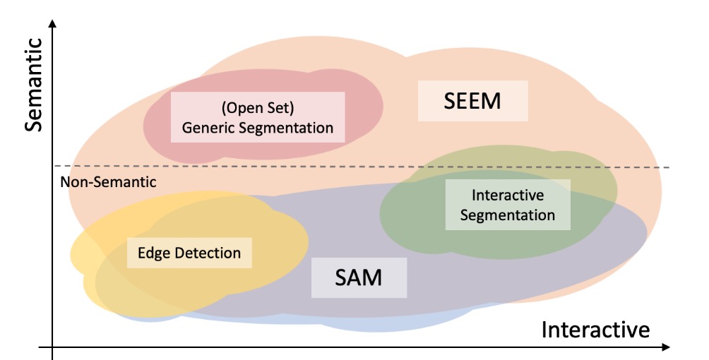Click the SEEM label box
[472, 101]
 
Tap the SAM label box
[359, 277]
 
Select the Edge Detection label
[189, 252]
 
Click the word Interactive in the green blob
[508, 195]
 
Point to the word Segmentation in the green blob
[508, 215]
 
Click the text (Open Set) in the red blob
[258, 109]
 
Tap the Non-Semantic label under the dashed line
[108, 182]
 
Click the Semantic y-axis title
[35, 85]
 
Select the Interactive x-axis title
[595, 329]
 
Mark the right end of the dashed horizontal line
[667, 167]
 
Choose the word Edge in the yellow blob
[151, 252]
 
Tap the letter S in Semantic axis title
[35, 124]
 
